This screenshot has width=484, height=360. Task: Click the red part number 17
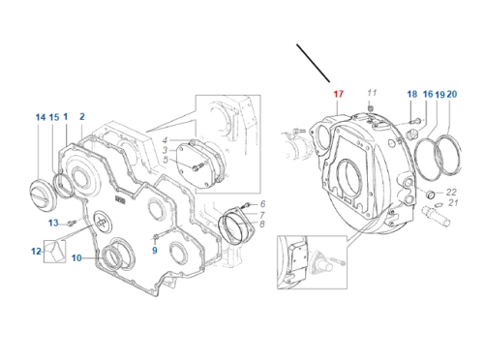338,94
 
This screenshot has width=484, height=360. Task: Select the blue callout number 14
41,117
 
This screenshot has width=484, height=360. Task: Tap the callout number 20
452,94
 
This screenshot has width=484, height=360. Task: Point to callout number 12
36,251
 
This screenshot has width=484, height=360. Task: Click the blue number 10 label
76,258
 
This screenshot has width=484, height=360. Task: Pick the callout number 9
155,251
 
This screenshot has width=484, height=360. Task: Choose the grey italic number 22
451,193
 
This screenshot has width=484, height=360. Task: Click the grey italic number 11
372,93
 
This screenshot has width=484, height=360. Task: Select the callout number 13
53,223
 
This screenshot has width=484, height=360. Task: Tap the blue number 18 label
412,94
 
